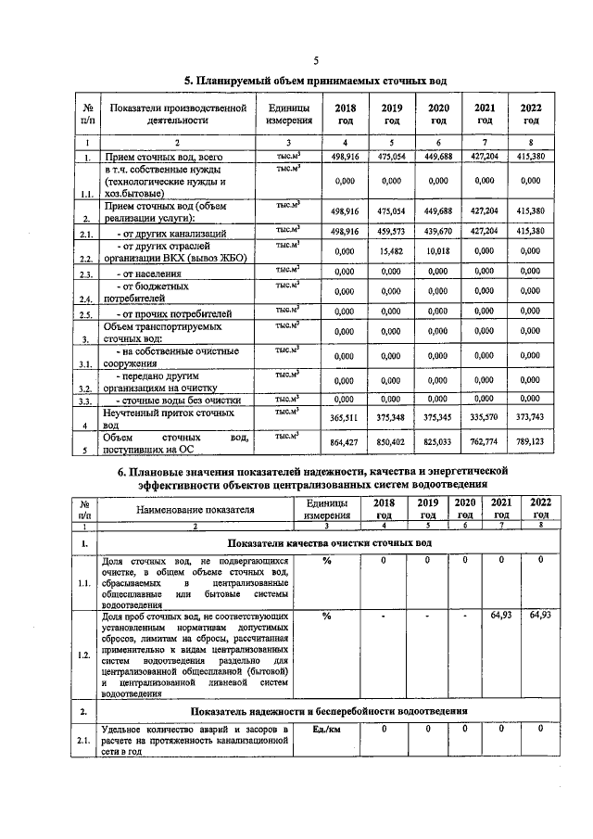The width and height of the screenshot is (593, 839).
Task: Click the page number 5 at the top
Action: [315, 60]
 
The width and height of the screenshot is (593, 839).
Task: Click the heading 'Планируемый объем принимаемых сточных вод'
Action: [314, 81]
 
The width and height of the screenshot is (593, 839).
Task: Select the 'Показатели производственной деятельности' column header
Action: [178, 114]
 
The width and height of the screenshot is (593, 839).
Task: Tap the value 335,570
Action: [485, 418]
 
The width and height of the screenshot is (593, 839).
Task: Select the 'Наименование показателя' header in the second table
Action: [195, 509]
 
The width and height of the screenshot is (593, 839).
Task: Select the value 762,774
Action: [485, 444]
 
